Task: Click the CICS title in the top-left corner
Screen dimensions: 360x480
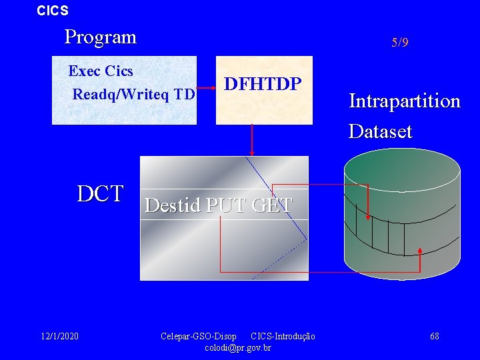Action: [x=52, y=11]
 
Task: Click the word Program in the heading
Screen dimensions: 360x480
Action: [x=100, y=37]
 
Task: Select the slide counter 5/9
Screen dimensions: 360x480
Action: [x=400, y=43]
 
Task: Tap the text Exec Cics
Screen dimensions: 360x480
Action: [x=101, y=71]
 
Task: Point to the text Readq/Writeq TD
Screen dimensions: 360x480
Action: [x=133, y=95]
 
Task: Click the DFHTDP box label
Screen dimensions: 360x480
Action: [x=263, y=84]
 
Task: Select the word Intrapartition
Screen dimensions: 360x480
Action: [x=405, y=101]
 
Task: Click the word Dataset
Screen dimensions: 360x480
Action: [x=381, y=131]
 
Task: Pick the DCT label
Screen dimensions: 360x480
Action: [x=100, y=194]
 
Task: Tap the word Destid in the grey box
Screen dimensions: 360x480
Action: [x=172, y=205]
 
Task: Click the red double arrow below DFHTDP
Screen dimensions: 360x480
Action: [x=252, y=140]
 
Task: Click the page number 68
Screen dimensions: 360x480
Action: [x=434, y=336]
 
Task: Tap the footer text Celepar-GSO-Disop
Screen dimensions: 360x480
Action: [x=198, y=336]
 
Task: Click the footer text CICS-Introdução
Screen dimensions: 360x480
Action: [x=283, y=336]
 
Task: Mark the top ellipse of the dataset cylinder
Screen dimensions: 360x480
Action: [x=402, y=169]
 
